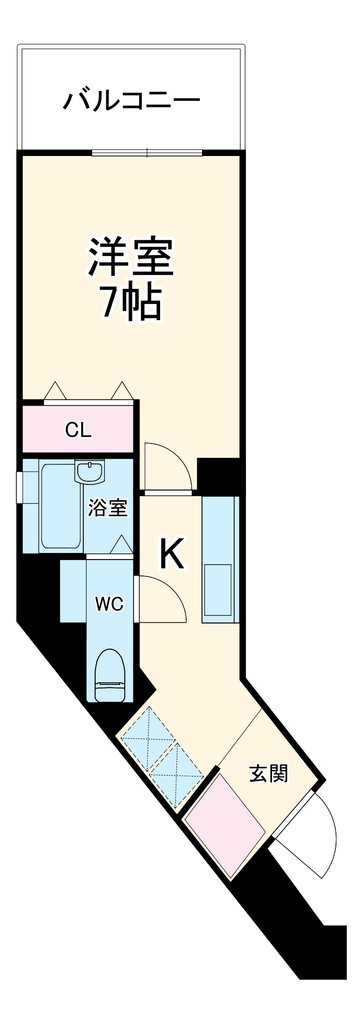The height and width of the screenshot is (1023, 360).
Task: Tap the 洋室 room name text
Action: click(x=131, y=257)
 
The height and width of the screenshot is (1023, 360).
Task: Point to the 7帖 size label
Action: click(x=131, y=302)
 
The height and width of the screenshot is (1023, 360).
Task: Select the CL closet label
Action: click(x=78, y=430)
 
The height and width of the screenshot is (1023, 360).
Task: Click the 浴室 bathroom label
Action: click(x=107, y=508)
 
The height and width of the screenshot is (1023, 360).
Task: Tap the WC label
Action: click(x=109, y=604)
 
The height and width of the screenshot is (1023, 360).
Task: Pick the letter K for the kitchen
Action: click(x=172, y=554)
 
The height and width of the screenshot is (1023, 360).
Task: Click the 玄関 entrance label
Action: click(x=268, y=773)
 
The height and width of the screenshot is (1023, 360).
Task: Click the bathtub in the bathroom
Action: click(x=61, y=506)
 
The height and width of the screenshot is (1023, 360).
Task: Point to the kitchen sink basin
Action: click(x=218, y=590)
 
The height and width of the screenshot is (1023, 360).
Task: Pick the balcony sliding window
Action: click(x=147, y=152)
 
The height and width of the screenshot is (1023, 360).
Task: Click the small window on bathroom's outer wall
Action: click(x=19, y=487)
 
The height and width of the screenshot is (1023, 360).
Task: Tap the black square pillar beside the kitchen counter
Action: click(x=218, y=476)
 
